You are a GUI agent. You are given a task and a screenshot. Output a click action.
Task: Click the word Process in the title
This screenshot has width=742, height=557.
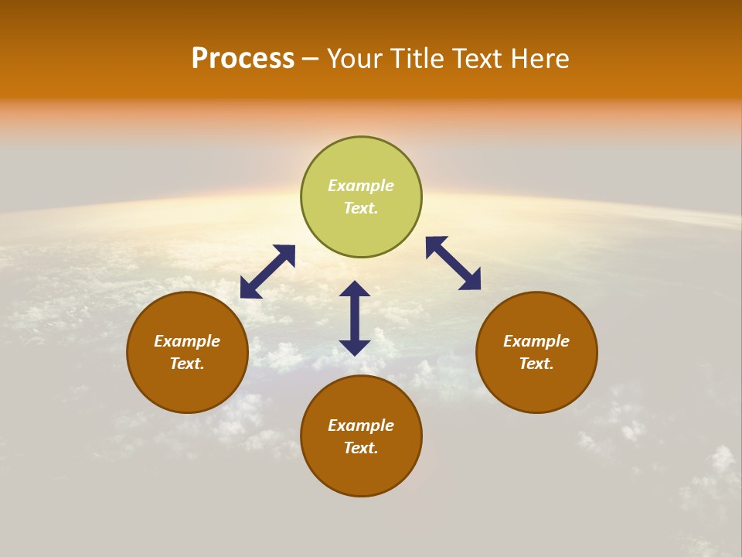click(x=243, y=59)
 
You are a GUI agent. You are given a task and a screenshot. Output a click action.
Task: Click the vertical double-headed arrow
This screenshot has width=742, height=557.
click(x=355, y=318)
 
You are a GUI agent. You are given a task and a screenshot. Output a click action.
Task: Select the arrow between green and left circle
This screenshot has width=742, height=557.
click(x=267, y=272)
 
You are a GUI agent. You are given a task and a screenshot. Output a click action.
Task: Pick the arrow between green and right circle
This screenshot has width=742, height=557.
click(x=454, y=263)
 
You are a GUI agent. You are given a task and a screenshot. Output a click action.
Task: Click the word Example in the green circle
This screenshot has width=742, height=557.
click(x=361, y=186)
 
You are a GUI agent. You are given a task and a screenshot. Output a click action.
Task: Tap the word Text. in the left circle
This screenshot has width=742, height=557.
click(x=187, y=364)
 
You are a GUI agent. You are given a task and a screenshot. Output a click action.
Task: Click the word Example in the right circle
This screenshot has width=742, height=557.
click(x=536, y=341)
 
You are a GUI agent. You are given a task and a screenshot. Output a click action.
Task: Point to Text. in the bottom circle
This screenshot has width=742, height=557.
click(x=361, y=448)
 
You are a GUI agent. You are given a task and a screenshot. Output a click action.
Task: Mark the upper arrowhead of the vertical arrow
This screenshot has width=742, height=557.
click(x=355, y=289)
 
